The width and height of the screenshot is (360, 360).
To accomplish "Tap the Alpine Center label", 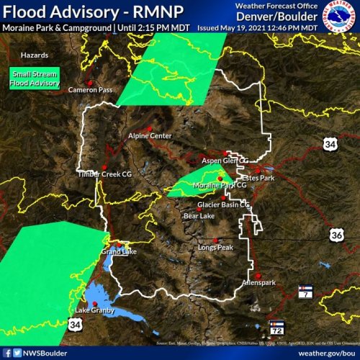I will tap(150, 135).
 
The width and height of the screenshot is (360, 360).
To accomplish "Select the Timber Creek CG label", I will tap(105, 174).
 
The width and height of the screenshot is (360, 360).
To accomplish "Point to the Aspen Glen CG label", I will tap(224, 161).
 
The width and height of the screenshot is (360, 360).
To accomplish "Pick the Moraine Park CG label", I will tap(220, 185).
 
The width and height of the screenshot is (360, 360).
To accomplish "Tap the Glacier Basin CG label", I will tap(223, 204).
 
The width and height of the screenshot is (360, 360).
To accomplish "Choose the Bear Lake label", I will tap(199, 215).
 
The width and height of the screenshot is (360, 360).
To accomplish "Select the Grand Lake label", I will tap(119, 252).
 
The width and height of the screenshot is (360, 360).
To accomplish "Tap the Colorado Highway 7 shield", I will tap(305, 292).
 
